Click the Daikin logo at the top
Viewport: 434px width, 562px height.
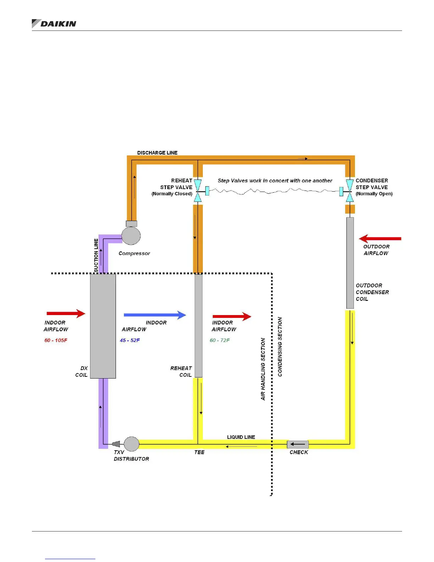[54, 23]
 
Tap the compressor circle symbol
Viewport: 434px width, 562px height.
[131, 236]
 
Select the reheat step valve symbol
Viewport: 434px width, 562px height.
[198, 191]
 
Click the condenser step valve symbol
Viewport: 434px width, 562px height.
[350, 191]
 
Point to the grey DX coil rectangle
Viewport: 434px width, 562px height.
[103, 326]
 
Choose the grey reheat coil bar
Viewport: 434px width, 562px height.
[199, 326]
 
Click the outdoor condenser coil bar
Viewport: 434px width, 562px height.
[350, 263]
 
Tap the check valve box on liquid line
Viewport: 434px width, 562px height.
[297, 444]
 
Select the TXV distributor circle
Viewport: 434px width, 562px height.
[132, 444]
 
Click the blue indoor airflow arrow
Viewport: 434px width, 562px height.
[155, 315]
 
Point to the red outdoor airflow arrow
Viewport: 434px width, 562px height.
[380, 238]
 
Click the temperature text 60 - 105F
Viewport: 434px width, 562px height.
[56, 340]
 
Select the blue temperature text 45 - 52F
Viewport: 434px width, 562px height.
[130, 340]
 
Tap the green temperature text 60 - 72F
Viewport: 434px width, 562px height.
[219, 340]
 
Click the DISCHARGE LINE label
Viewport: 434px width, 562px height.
[157, 153]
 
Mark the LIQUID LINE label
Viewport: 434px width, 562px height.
[241, 437]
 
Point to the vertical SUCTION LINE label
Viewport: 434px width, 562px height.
[96, 255]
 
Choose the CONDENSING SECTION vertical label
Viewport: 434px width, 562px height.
[280, 347]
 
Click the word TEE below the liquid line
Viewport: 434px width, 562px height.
[199, 452]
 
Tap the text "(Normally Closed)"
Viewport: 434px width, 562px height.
[172, 194]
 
